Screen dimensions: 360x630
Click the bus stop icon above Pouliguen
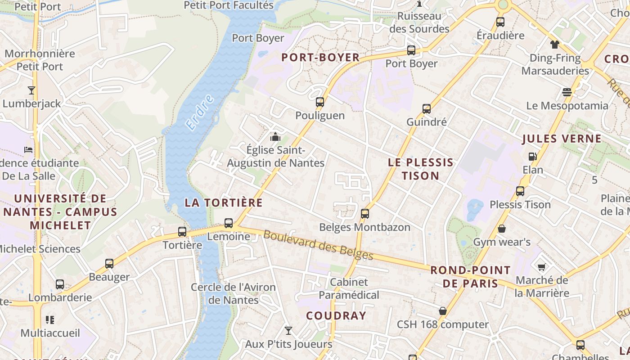pos(320,102)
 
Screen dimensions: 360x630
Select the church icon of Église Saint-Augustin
pos(275,137)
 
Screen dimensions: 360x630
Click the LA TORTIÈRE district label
pos(224,202)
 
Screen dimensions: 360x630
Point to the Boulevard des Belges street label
pos(318,245)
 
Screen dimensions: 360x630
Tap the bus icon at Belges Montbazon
pos(365,214)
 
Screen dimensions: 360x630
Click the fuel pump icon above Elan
pos(533,157)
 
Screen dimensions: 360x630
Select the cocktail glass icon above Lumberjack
pos(31,90)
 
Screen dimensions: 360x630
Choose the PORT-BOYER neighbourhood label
pos(320,58)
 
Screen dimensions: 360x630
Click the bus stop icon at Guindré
pos(426,109)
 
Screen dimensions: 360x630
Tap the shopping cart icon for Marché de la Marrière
pos(542,267)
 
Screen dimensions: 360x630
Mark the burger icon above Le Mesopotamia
pos(567,92)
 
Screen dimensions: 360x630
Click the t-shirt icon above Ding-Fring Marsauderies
pos(555,44)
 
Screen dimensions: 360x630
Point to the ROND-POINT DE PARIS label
pos(470,277)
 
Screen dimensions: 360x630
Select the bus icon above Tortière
pos(182,232)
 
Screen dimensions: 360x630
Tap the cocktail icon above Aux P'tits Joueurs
pos(288,331)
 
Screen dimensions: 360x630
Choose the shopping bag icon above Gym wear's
pos(502,229)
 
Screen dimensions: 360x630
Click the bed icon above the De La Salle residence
pos(28,149)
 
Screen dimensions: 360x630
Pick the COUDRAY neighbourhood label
pos(336,316)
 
